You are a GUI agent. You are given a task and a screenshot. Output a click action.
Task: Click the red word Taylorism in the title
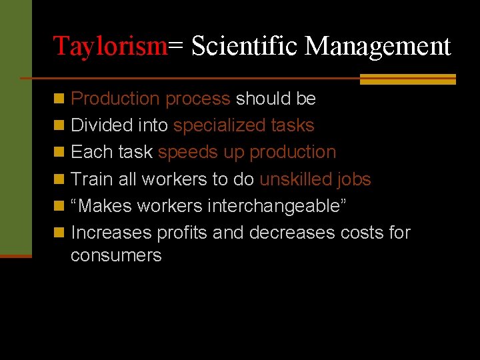110,46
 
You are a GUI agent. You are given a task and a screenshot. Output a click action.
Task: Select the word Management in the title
378,46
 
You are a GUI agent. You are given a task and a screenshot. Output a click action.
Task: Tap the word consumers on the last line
116,255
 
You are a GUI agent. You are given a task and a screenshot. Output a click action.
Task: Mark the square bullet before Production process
59,99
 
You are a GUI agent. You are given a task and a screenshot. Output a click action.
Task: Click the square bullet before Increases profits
59,233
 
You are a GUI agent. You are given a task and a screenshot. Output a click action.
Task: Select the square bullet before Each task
59,153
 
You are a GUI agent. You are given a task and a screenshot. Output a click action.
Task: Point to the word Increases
111,233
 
